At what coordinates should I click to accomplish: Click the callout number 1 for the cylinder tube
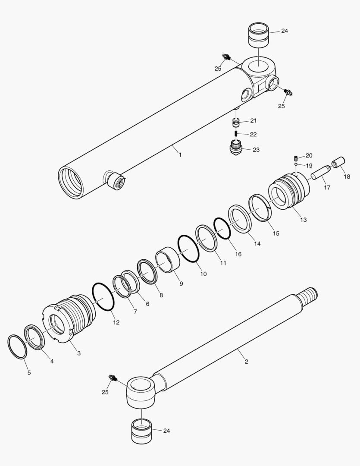(180, 154)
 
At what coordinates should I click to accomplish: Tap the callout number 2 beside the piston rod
(246, 362)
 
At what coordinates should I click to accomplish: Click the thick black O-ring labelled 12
(103, 296)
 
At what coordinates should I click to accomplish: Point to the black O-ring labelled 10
(188, 248)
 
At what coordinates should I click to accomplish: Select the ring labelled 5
(17, 346)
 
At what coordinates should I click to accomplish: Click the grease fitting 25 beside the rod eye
(113, 378)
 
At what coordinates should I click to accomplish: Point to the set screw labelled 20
(296, 157)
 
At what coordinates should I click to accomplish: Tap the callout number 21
(253, 120)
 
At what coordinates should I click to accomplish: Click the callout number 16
(238, 254)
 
